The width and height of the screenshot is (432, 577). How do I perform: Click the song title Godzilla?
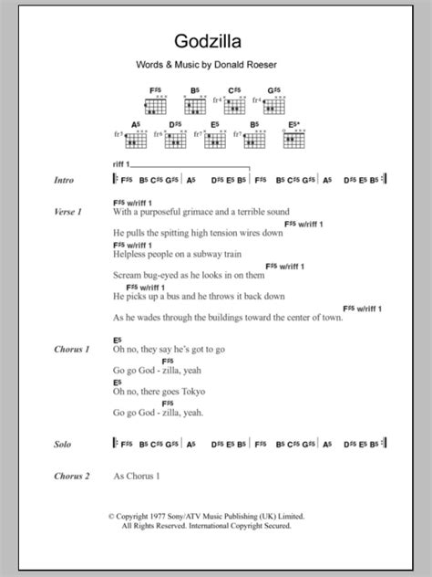click(216, 42)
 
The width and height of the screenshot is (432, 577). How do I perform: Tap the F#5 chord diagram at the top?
click(158, 103)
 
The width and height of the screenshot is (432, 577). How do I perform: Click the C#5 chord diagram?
click(236, 103)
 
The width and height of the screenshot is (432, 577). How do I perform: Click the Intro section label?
click(66, 181)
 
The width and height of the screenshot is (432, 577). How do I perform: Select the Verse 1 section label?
click(68, 212)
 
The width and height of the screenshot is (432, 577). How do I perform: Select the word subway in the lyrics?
click(211, 258)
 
